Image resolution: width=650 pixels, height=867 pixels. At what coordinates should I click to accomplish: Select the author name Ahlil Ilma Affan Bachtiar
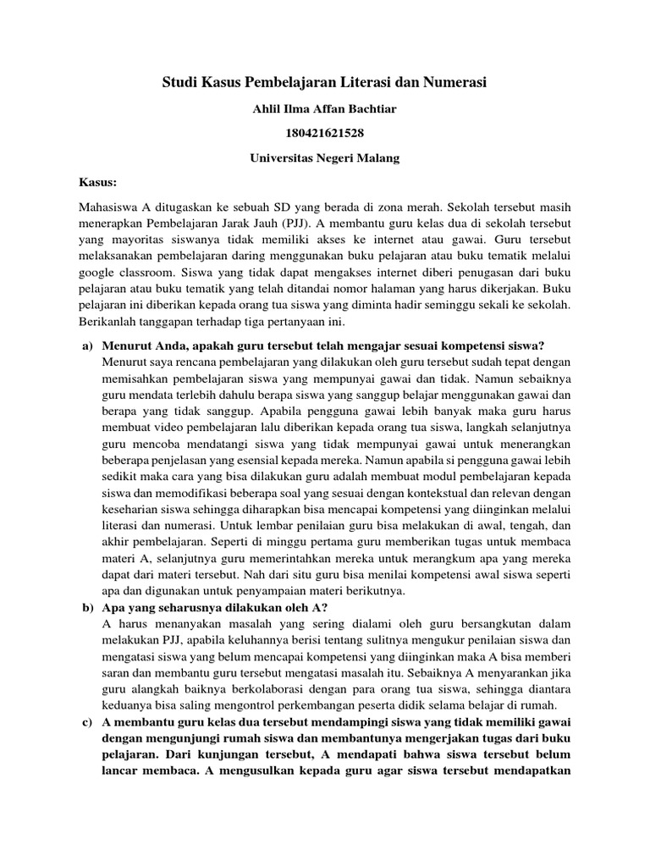click(325, 108)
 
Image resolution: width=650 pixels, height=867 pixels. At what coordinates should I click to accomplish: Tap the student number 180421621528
click(325, 133)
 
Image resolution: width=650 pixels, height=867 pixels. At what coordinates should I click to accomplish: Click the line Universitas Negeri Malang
click(325, 157)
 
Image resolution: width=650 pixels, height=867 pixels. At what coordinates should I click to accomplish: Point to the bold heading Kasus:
click(97, 182)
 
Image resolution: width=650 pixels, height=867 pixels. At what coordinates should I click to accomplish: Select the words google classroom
click(122, 274)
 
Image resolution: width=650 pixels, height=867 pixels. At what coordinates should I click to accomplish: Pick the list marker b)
click(86, 608)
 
